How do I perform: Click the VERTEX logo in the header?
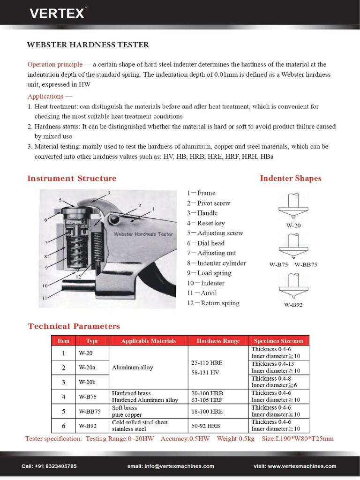(x=57, y=14)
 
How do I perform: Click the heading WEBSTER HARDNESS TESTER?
(x=88, y=45)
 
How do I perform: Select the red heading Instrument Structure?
(x=72, y=178)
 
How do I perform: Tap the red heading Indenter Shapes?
(x=291, y=178)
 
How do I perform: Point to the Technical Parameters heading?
(x=74, y=326)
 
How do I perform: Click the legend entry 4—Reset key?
(x=206, y=223)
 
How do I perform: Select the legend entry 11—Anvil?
(x=202, y=293)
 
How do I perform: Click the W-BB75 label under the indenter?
(x=306, y=264)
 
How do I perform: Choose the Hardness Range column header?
(x=218, y=341)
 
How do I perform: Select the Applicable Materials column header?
(x=148, y=341)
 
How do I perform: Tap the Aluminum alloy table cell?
(x=133, y=367)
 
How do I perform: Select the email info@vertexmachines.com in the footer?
(x=171, y=466)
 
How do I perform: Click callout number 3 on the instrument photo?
(x=108, y=193)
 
